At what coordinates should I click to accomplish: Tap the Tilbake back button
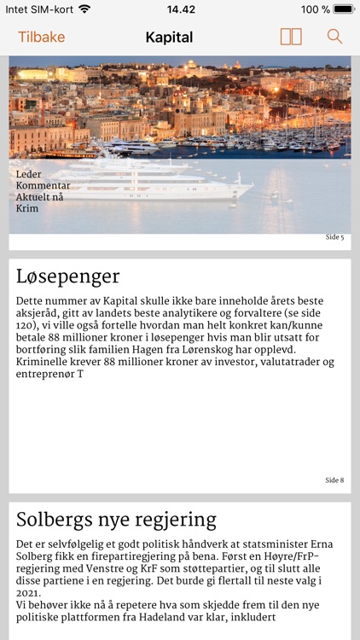pos(42,37)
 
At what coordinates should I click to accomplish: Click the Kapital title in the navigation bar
pos(169,37)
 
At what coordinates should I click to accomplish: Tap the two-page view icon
pos(291,37)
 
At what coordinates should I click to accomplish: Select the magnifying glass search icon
pos(334,37)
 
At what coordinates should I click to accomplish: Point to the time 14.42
pos(180,9)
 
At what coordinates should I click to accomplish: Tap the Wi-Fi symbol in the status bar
pos(84,9)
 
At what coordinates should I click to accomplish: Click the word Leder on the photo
pos(29,174)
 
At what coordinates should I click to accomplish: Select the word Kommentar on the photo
pos(44,185)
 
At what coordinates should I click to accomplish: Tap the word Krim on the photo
pos(27,208)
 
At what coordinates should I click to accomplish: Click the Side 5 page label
pos(334,237)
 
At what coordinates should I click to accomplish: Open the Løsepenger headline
pos(68,276)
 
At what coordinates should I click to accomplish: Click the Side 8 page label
pos(334,480)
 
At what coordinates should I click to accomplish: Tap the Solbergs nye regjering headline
pos(117,520)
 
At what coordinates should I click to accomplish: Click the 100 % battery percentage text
pos(315,9)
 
